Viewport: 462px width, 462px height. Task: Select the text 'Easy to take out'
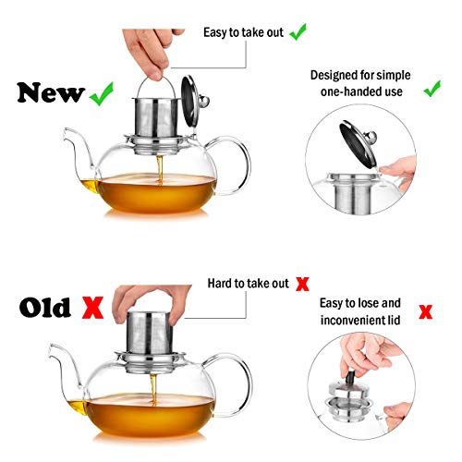(x=244, y=32)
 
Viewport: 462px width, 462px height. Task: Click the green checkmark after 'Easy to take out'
(x=298, y=32)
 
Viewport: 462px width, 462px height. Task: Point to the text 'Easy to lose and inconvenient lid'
(x=363, y=310)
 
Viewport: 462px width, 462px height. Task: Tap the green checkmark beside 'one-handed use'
(x=431, y=90)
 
